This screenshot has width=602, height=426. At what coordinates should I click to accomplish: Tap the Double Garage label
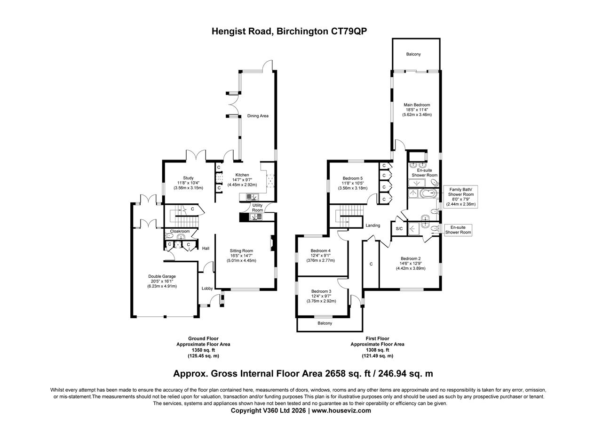162,276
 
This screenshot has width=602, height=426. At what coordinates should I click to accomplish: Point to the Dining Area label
258,116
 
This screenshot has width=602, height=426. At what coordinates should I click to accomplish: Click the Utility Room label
257,208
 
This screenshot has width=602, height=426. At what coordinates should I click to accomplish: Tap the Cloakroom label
180,231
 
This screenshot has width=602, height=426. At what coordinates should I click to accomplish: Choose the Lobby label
207,289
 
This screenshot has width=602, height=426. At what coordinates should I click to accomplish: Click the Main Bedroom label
417,105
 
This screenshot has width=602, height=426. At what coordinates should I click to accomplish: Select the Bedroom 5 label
353,178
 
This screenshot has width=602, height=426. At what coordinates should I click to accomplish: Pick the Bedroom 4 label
320,250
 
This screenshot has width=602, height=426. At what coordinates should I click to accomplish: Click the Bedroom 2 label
410,258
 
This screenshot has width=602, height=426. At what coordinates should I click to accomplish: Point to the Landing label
373,225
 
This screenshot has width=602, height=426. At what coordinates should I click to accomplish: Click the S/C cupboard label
399,229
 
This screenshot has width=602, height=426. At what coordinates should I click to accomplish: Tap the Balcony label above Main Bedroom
413,55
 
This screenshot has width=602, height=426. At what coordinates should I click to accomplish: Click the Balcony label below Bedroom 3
325,323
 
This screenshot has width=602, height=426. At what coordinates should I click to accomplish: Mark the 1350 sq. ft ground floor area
203,350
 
